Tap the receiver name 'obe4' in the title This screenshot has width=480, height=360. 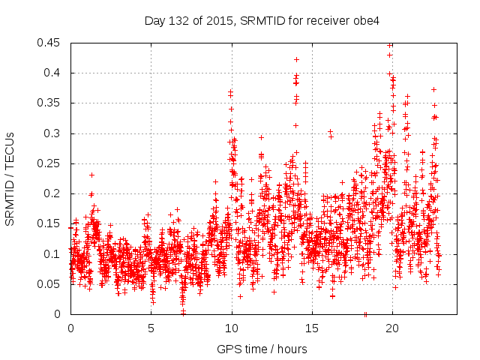click(x=367, y=21)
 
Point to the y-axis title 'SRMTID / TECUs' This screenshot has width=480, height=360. click(x=10, y=179)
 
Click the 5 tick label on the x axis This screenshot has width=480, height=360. click(x=151, y=328)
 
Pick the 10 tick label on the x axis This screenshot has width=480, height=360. click(x=231, y=328)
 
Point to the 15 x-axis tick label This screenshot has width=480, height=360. click(x=311, y=328)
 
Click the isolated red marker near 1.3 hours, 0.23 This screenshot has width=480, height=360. click(x=91, y=175)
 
